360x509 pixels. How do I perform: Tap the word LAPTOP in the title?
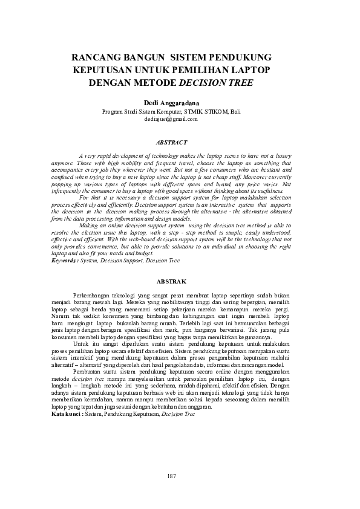click(251, 70)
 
